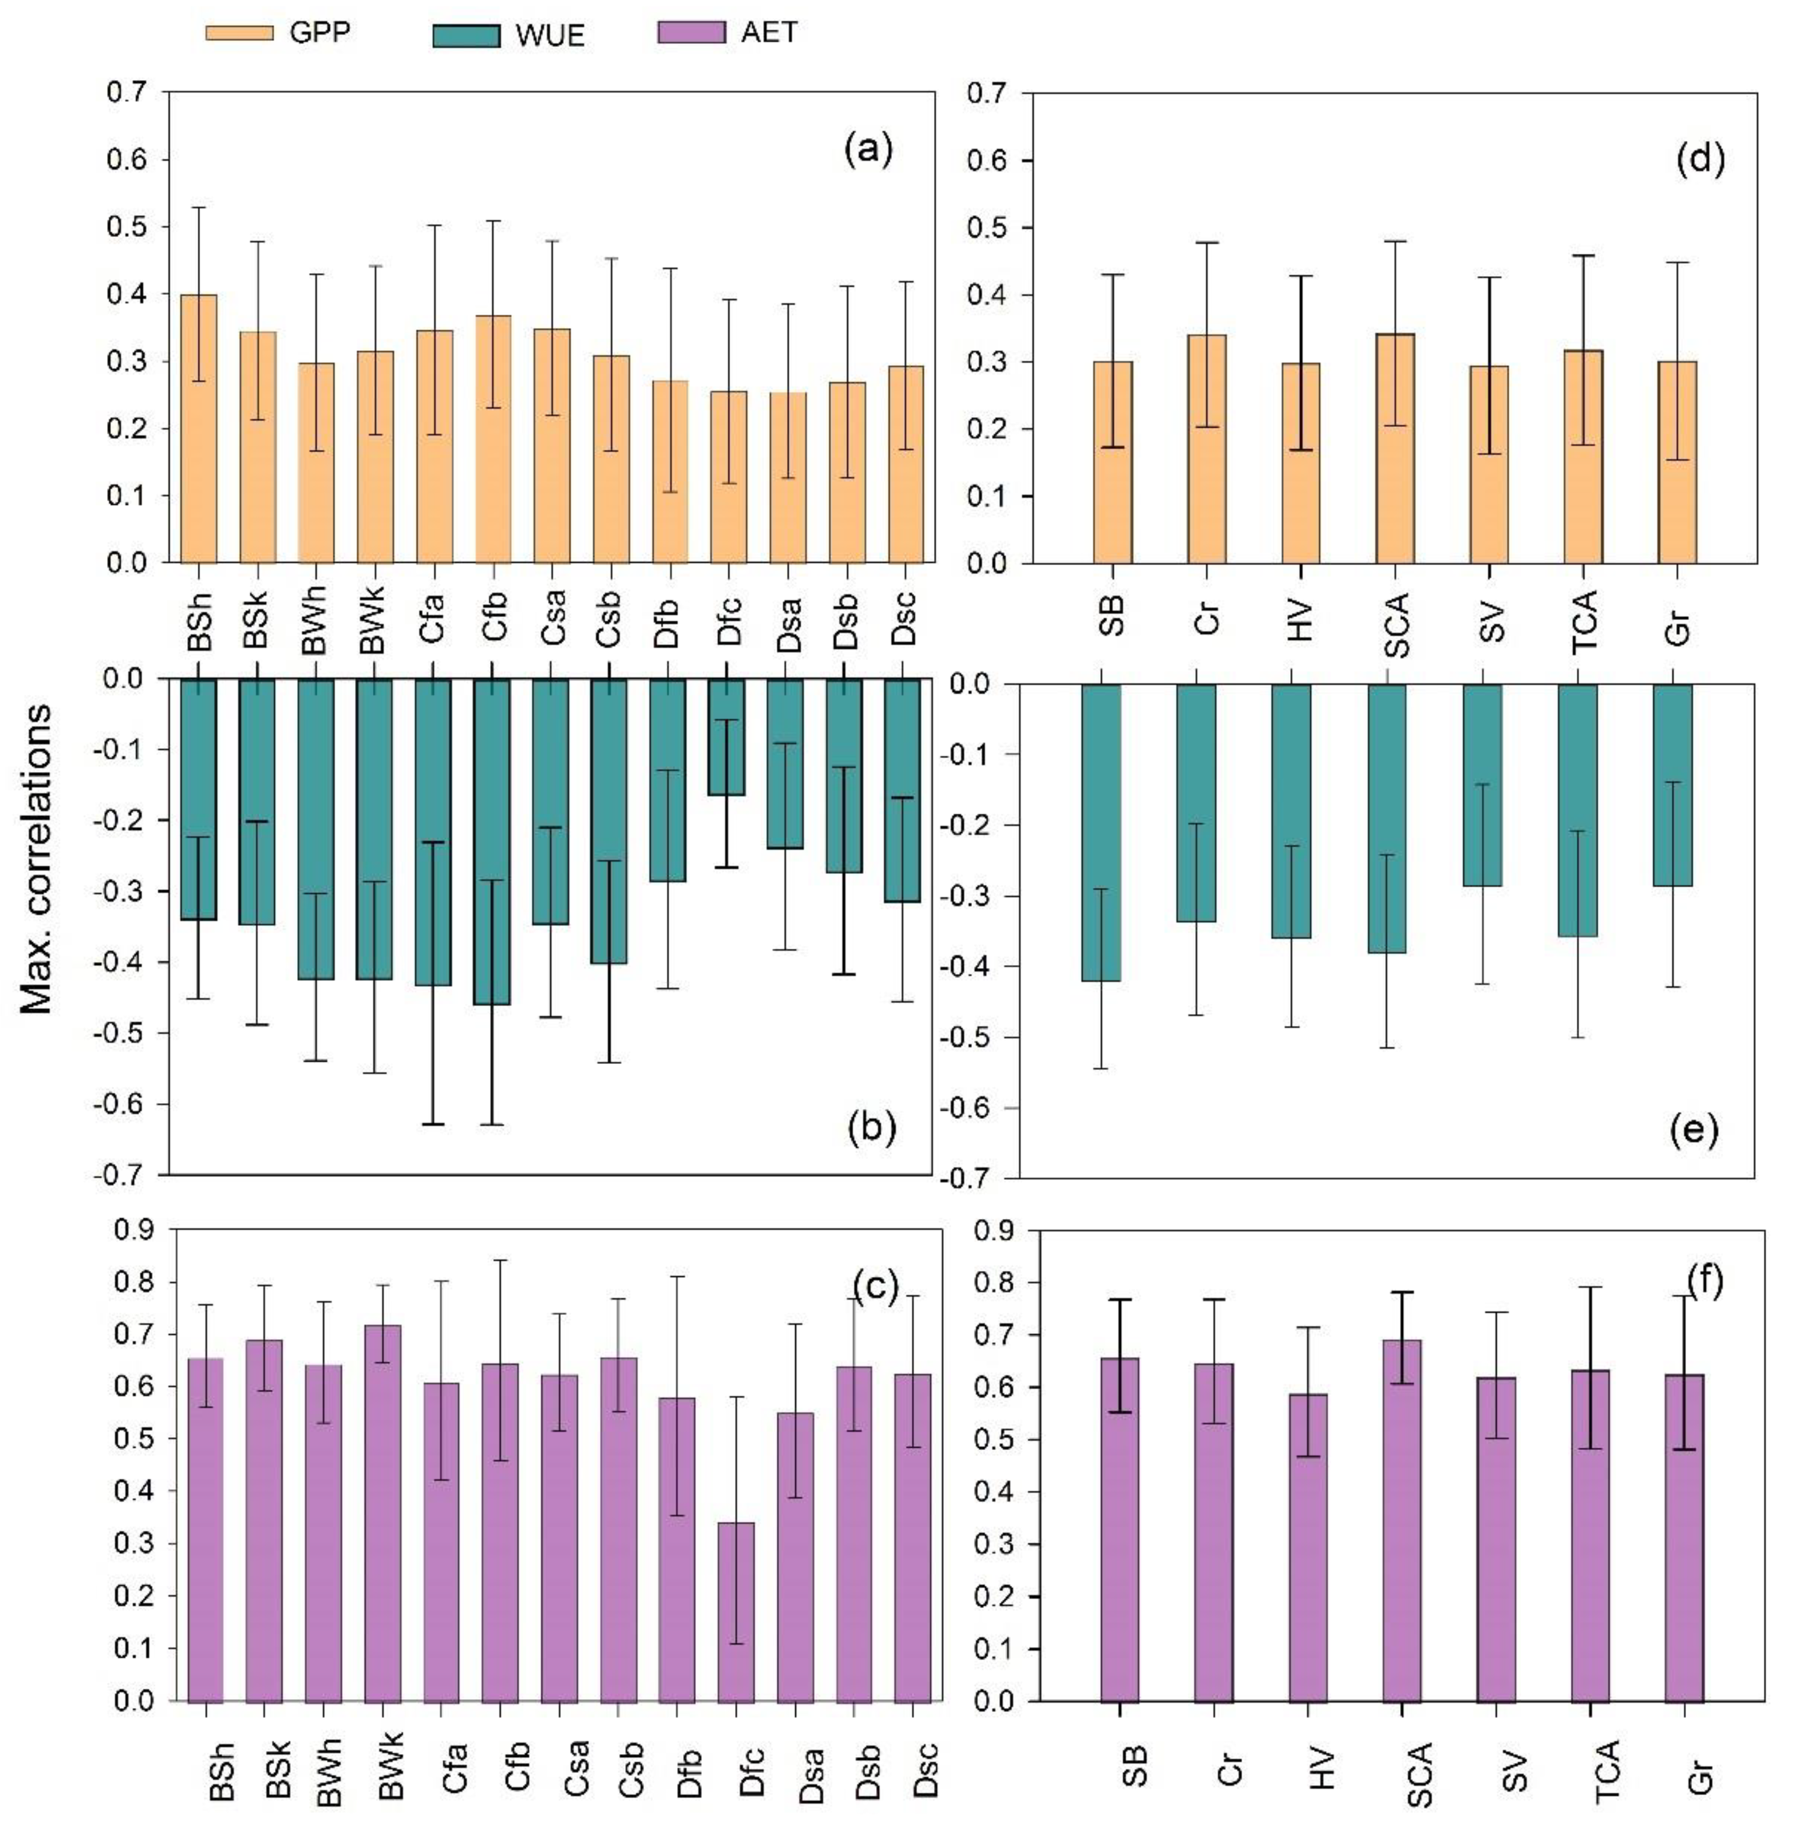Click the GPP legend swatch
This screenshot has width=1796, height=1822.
[239, 33]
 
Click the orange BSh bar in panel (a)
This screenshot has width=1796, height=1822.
[199, 429]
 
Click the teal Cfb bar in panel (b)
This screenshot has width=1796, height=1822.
[491, 841]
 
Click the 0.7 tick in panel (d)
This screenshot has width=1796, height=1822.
[986, 94]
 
